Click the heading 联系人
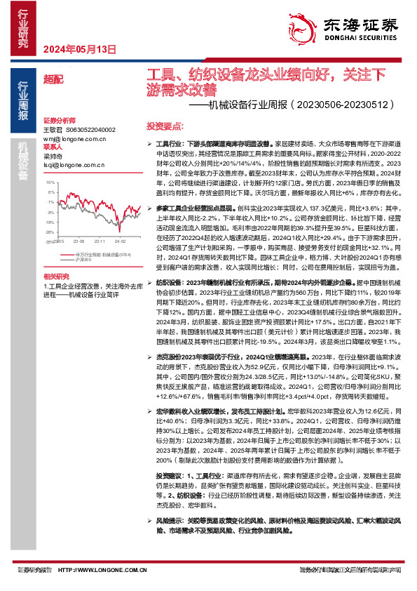point(53,147)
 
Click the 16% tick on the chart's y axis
point(51,182)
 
